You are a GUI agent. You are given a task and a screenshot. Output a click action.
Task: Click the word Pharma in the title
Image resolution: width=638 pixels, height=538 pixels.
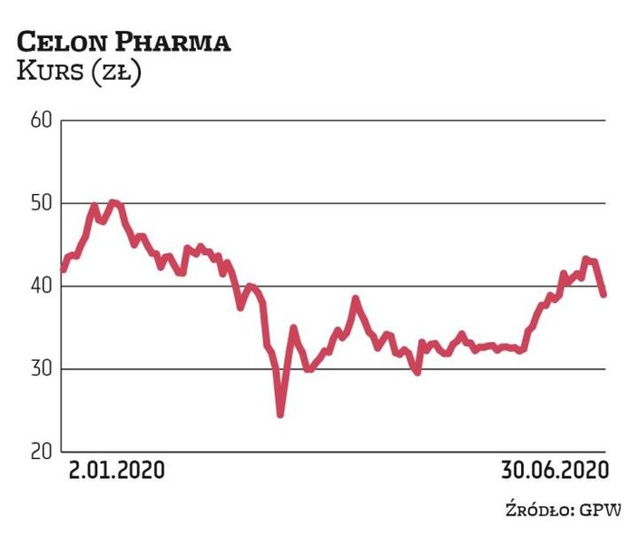click(173, 42)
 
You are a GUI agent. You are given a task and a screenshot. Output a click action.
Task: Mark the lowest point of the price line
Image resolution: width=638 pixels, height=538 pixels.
click(280, 414)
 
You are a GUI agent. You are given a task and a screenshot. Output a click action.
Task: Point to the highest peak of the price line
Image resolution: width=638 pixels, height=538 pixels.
click(113, 202)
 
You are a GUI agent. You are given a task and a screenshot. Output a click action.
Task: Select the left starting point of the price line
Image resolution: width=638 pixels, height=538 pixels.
click(62, 269)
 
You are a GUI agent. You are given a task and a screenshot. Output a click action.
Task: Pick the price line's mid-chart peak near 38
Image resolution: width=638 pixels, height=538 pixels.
click(356, 298)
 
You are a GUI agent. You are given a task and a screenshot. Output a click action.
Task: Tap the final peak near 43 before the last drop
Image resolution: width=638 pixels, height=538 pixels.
click(585, 259)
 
